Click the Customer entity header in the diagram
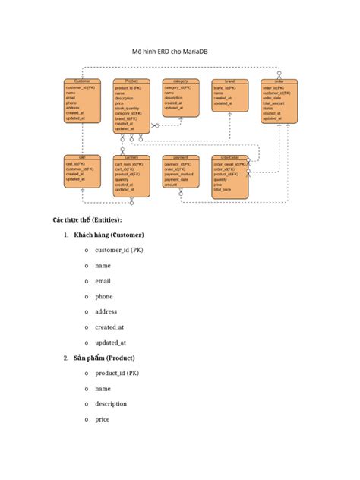click(x=82, y=81)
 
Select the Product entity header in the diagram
click(x=131, y=81)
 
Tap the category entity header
click(x=180, y=81)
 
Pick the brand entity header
click(x=229, y=81)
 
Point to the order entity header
click(x=279, y=81)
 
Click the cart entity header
click(x=82, y=157)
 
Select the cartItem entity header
click(x=131, y=157)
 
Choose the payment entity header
click(x=181, y=157)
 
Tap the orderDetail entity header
click(x=229, y=157)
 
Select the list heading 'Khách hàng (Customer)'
click(x=109, y=235)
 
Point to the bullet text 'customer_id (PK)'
click(x=118, y=250)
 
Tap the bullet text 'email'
click(x=103, y=281)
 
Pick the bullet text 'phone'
click(x=104, y=296)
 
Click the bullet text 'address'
click(x=106, y=311)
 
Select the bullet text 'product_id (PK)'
click(x=116, y=373)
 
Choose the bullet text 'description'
click(x=111, y=404)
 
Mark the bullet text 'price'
click(x=103, y=419)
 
